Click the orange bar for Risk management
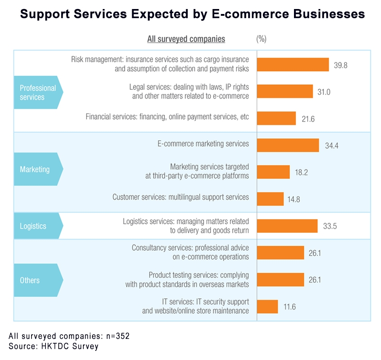coord(293,65)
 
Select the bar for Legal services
coord(285,91)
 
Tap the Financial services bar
coord(276,118)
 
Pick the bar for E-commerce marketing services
coord(288,145)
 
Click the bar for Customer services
coord(270,198)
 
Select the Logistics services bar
coord(287,226)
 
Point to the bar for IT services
coord(267,306)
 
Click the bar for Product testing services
coord(280,280)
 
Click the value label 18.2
coord(302,172)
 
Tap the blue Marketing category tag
coord(35,169)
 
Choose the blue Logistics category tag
coord(33,226)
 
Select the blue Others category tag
coord(30,280)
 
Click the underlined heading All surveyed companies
coord(186,39)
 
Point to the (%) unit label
coord(261,39)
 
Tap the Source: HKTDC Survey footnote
coord(53,346)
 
